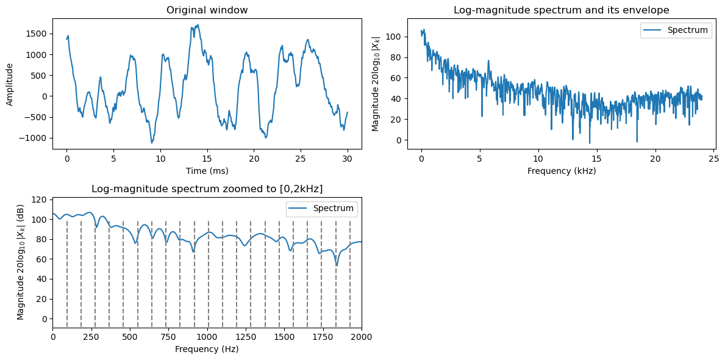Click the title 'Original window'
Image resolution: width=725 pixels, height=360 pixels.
click(x=207, y=10)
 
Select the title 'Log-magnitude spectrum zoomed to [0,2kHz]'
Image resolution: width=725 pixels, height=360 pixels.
click(x=207, y=189)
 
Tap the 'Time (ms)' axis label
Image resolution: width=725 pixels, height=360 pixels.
click(x=207, y=171)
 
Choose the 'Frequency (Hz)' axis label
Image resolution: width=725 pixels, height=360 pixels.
click(x=207, y=350)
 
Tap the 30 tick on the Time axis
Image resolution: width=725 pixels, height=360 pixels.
click(x=348, y=159)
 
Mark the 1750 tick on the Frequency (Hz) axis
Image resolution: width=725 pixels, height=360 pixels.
click(x=323, y=337)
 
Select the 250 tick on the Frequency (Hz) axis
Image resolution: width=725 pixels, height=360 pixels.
click(x=91, y=337)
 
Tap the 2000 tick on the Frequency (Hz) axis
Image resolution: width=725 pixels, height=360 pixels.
click(x=362, y=337)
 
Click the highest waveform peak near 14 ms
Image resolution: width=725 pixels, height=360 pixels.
click(x=198, y=25)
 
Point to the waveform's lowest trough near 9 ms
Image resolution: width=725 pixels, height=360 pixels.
click(x=152, y=143)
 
